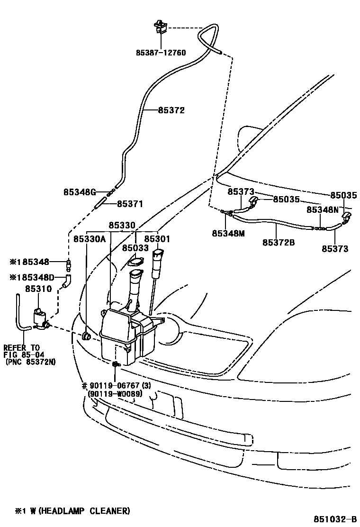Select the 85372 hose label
click(x=171, y=110)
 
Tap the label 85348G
click(x=80, y=192)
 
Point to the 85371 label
click(x=130, y=204)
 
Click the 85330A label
click(x=90, y=239)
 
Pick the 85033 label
click(x=135, y=248)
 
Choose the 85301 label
click(x=157, y=239)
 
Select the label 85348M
click(x=228, y=233)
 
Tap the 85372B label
click(x=279, y=242)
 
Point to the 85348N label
click(x=323, y=209)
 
